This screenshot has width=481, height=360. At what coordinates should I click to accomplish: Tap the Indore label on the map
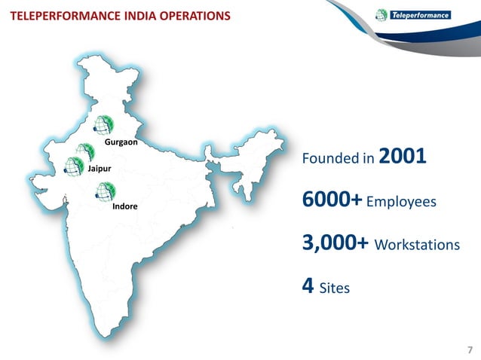[x=124, y=206]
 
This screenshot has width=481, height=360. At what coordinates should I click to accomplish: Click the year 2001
[x=403, y=157]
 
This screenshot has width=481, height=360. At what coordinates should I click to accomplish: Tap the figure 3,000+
[x=335, y=245]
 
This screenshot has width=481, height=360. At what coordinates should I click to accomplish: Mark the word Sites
[x=334, y=288]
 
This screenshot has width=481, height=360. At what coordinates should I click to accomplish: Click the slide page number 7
[x=470, y=349]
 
